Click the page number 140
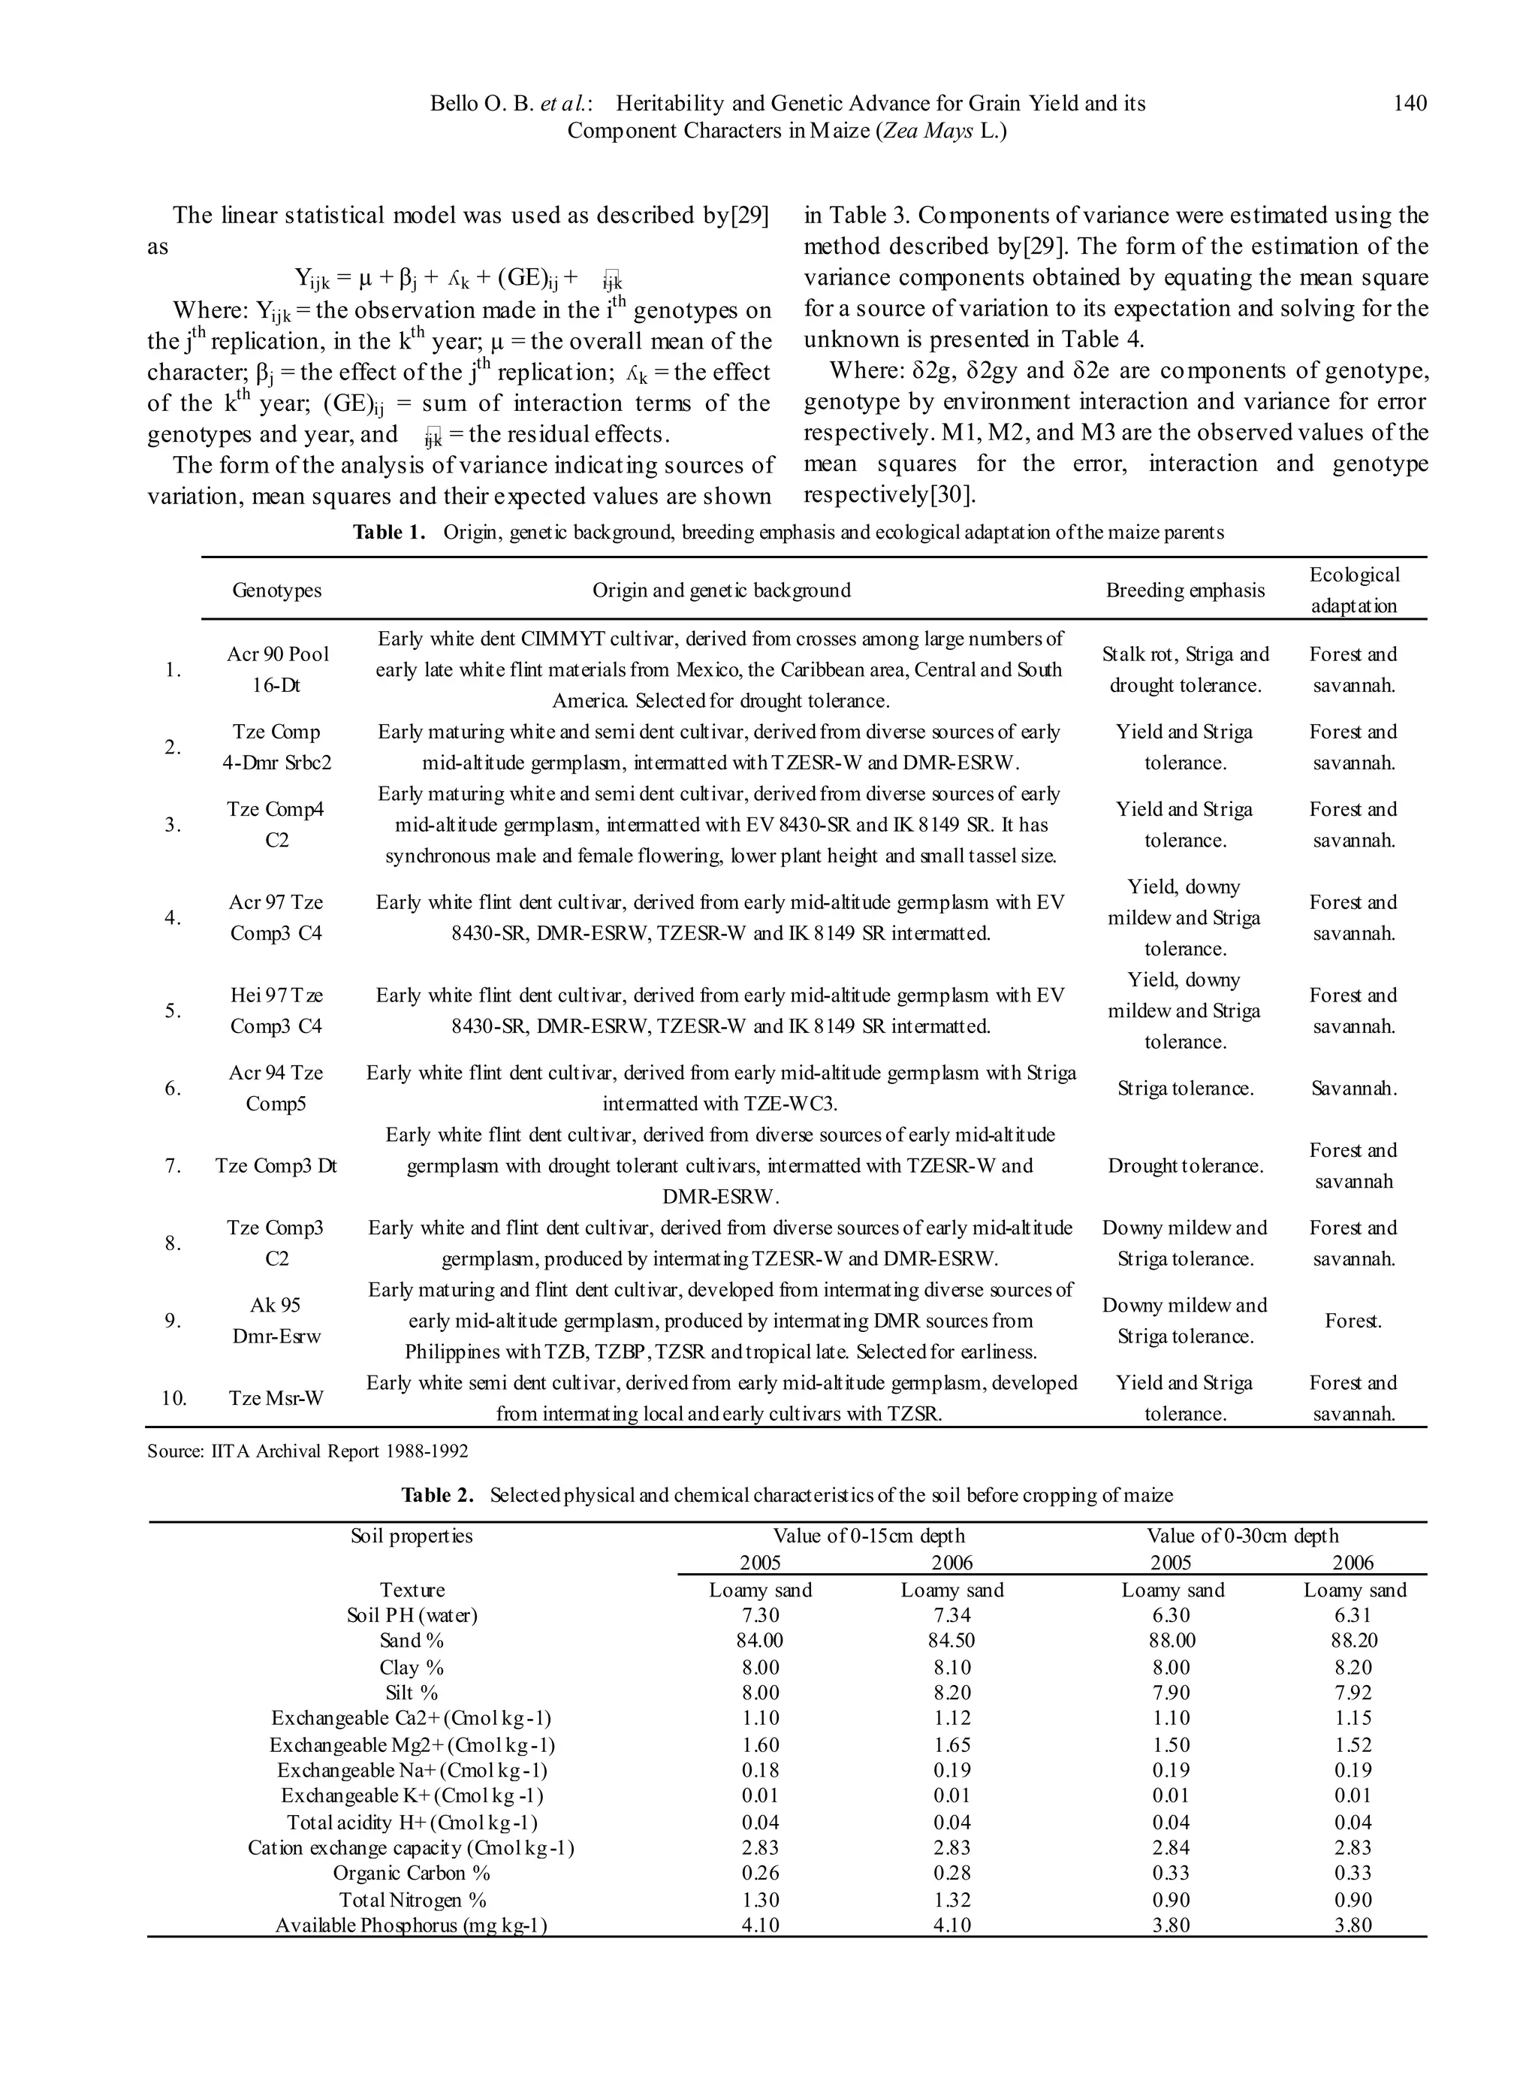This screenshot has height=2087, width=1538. [1409, 104]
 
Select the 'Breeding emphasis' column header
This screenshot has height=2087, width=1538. [1184, 590]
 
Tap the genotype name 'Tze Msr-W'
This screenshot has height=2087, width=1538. [276, 1398]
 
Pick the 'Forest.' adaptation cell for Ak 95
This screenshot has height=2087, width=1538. [1353, 1321]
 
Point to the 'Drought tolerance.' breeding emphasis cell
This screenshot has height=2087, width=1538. [1184, 1166]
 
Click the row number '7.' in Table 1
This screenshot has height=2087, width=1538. [173, 1166]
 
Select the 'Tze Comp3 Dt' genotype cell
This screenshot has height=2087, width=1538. [276, 1166]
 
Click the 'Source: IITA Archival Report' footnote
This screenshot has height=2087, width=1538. [307, 1451]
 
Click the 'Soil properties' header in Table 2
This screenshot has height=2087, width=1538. [412, 1536]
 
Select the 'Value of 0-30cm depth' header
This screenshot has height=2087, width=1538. [1242, 1536]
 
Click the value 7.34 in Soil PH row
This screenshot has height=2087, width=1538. [951, 1616]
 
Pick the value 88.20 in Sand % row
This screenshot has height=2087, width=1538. [1353, 1641]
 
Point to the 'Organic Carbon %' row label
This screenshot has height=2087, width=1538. [412, 1873]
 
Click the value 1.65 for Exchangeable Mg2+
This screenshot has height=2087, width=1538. [951, 1745]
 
